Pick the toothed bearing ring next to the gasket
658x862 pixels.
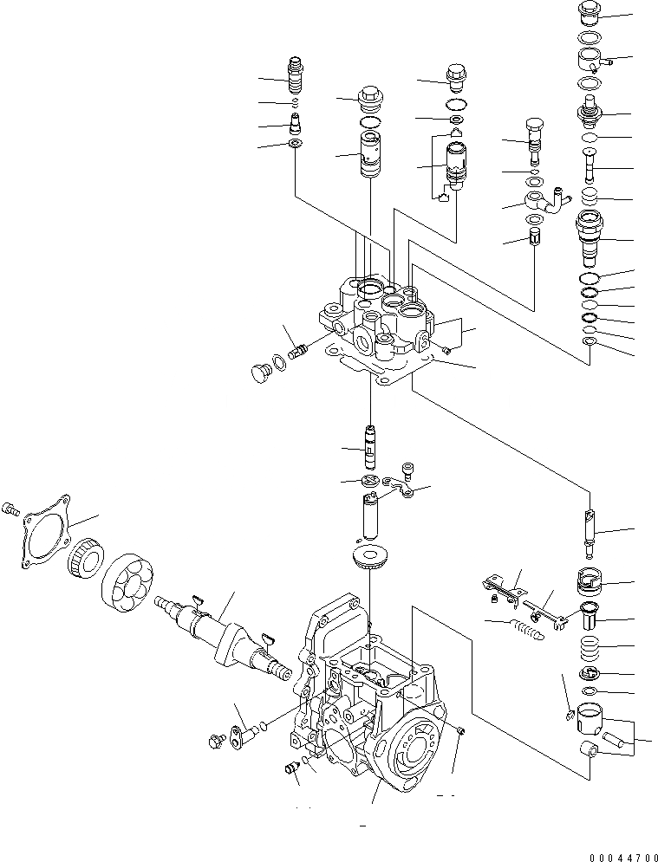click(87, 565)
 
